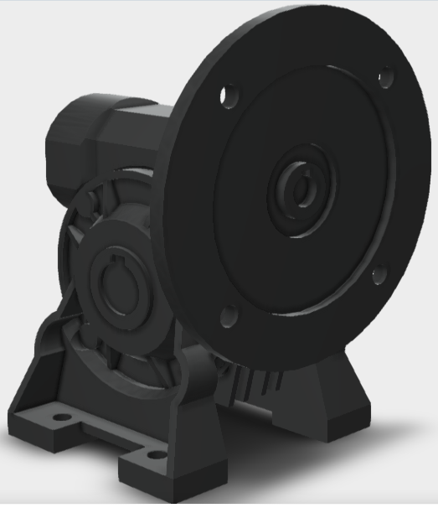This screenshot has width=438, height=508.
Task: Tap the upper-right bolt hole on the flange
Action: pyautogui.click(x=384, y=78)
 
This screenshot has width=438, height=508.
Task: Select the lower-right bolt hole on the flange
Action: pyautogui.click(x=379, y=273)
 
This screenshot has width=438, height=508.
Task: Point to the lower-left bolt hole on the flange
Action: pyautogui.click(x=227, y=316)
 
